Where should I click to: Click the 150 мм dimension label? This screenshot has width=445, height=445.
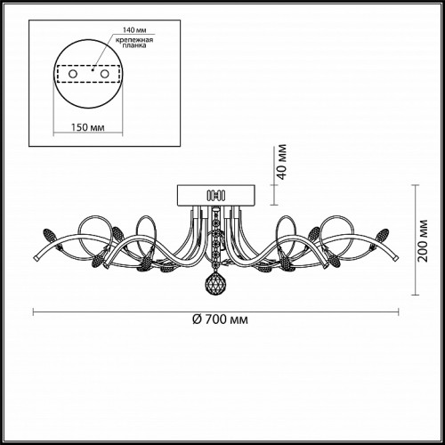pos(88,127)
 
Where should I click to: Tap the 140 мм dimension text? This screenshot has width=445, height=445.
pos(134,30)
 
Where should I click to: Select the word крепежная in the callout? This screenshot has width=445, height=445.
pos(134,40)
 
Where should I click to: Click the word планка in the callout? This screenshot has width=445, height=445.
pos(134,45)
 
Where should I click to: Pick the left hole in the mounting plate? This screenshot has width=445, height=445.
pos(73,74)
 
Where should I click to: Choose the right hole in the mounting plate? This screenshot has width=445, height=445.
pos(104,74)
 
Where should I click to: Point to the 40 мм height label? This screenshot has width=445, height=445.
pos(282,162)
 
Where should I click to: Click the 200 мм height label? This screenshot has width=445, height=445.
pos(423,241)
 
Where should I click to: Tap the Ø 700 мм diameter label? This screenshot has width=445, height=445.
pos(220,320)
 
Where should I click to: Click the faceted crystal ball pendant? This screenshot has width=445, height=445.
pos(215,282)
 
